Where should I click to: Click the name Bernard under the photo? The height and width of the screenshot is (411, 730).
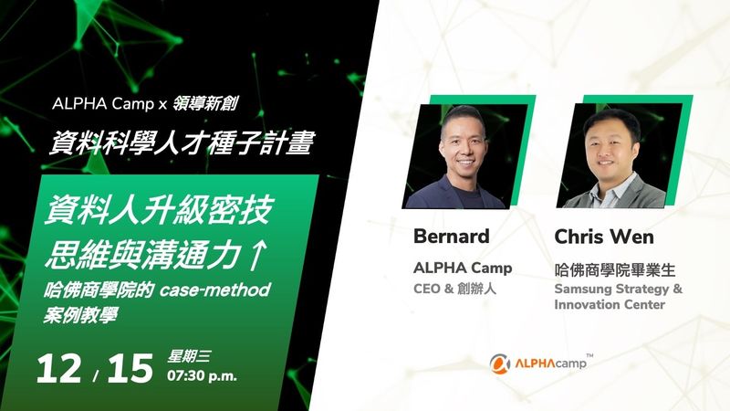click(x=451, y=237)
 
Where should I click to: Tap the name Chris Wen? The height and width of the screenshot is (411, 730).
click(x=604, y=237)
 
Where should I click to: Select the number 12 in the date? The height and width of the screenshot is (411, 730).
click(x=58, y=369)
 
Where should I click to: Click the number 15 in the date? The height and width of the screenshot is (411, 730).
click(x=130, y=369)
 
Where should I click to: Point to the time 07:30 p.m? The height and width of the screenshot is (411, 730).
click(x=202, y=375)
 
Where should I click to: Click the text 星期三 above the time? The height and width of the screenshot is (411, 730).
click(x=189, y=357)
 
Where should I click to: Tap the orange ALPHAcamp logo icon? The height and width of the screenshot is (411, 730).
click(x=499, y=364)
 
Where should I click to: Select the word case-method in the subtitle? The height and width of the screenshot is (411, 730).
click(x=215, y=290)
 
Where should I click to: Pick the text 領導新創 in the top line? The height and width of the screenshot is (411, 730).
click(x=205, y=103)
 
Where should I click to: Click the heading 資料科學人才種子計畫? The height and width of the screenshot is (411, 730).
click(x=182, y=142)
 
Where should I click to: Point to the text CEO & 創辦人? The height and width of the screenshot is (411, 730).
click(x=454, y=289)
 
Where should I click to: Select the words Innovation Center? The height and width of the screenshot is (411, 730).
click(x=610, y=305)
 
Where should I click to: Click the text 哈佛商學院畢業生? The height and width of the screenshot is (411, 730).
click(x=614, y=269)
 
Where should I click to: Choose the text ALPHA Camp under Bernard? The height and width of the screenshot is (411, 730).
click(x=463, y=268)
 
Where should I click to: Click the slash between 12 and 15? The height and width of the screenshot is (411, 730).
click(x=96, y=375)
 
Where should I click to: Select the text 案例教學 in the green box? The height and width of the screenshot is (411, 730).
click(x=80, y=315)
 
